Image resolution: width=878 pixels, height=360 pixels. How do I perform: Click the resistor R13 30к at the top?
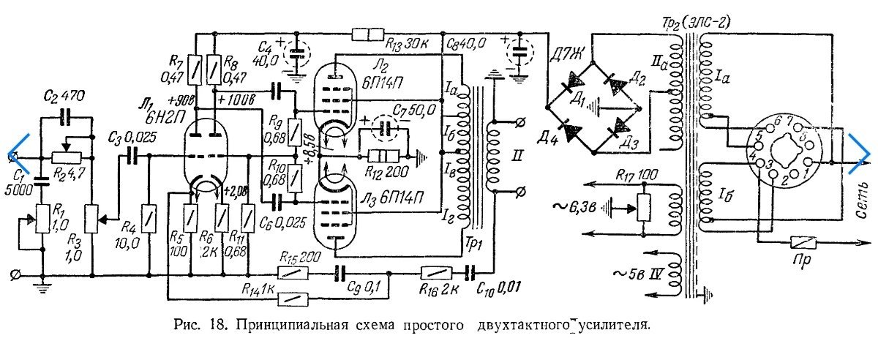[x=368, y=34]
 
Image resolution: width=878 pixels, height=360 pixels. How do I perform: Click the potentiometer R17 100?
[x=644, y=204]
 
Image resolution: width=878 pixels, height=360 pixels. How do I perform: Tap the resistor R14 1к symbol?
[x=293, y=297]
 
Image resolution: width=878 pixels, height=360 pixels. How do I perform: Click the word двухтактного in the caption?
[x=527, y=323]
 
